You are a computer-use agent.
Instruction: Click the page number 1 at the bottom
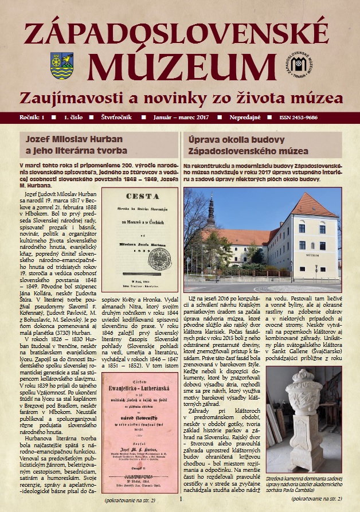click(x=180, y=499)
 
